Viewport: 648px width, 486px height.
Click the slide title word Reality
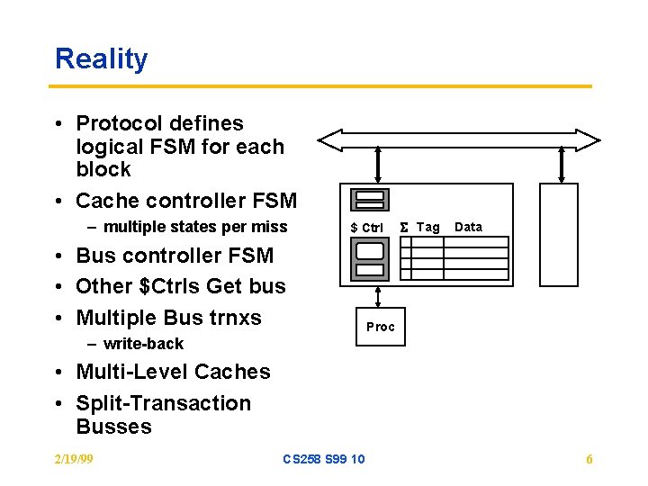pyautogui.click(x=101, y=59)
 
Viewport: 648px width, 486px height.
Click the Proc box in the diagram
pyautogui.click(x=380, y=327)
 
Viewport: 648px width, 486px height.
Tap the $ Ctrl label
pyautogui.click(x=366, y=228)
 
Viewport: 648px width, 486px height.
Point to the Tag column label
pyautogui.click(x=428, y=228)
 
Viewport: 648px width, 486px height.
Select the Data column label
pyautogui.click(x=468, y=227)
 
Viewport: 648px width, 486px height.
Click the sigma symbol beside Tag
pyautogui.click(x=404, y=228)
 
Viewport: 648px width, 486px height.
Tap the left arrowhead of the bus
pyautogui.click(x=330, y=139)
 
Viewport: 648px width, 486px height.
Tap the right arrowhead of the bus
pyautogui.click(x=588, y=139)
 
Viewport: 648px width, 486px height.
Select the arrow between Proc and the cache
pyautogui.click(x=378, y=298)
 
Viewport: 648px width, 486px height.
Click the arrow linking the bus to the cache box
pyautogui.click(x=378, y=166)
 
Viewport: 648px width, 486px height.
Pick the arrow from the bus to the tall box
pyautogui.click(x=562, y=166)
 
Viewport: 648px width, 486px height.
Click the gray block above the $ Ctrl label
pyautogui.click(x=370, y=200)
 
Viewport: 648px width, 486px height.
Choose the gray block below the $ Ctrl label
pyautogui.click(x=370, y=260)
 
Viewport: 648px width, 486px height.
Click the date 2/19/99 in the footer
pyautogui.click(x=74, y=459)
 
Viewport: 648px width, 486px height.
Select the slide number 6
pyautogui.click(x=589, y=460)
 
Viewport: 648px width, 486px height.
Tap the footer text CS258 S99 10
pyautogui.click(x=323, y=459)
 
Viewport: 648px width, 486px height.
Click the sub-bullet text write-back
pyautogui.click(x=143, y=344)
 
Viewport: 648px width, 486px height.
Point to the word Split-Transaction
pyautogui.click(x=163, y=403)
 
